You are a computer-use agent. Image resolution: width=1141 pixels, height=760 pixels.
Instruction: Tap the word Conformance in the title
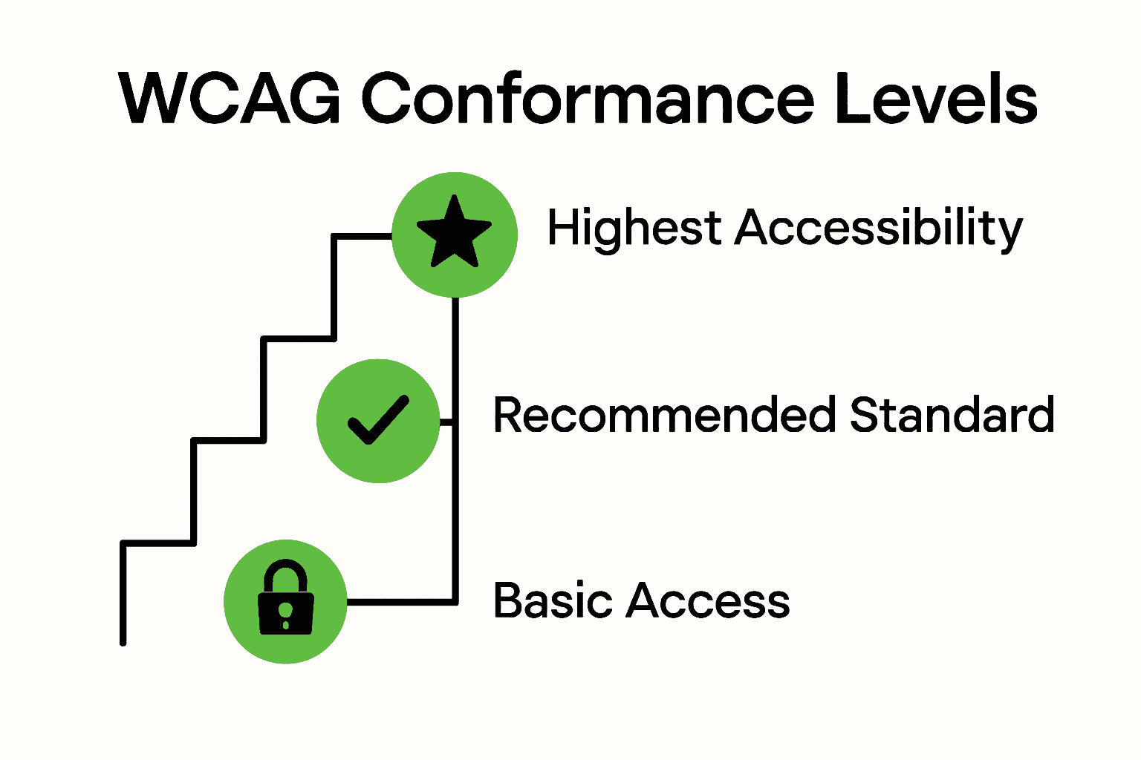pos(588,99)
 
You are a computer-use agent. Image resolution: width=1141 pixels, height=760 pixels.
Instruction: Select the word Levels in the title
pos(935,99)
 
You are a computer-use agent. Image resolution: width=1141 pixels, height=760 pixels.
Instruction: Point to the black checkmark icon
pos(378,420)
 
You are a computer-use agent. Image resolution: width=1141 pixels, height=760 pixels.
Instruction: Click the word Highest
pos(634,227)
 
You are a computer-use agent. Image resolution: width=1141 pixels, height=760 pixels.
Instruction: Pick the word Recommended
pos(664,415)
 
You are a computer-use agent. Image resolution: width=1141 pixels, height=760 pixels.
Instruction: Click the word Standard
pos(952,415)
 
